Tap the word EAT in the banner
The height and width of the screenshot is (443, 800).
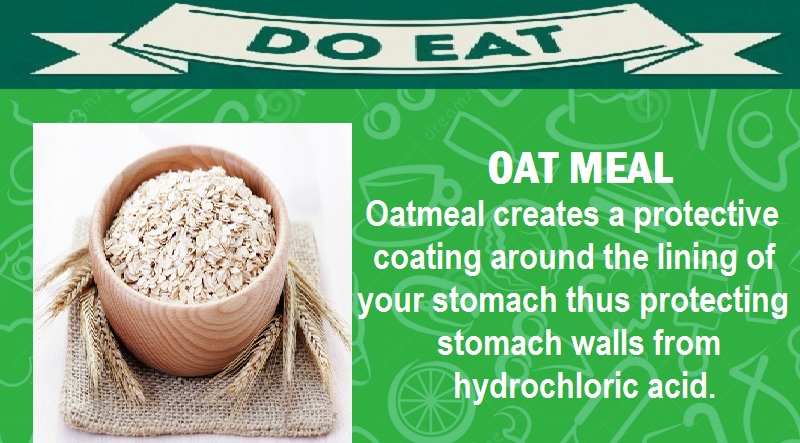pos(487,43)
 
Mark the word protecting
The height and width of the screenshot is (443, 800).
pos(714,303)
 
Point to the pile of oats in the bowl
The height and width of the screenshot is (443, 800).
pos(190,234)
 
